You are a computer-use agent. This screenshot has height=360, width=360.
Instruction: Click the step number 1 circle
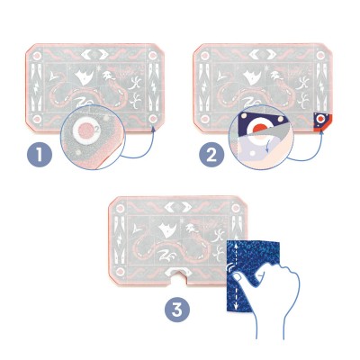pyautogui.click(x=40, y=155)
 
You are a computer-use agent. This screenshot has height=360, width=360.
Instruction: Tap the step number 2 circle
pyautogui.click(x=211, y=156)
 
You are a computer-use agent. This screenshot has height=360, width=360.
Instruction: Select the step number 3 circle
pyautogui.click(x=177, y=310)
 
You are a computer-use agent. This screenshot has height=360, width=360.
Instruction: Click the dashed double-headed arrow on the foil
pyautogui.click(x=236, y=276)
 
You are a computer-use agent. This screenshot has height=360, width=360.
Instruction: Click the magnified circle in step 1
pyautogui.click(x=93, y=137)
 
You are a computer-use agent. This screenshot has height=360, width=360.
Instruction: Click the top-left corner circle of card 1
pyautogui.click(x=37, y=56)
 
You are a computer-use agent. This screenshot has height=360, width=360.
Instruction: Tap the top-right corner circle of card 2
pyautogui.click(x=320, y=56)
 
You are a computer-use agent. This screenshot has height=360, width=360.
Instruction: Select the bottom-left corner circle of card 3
pyautogui.click(x=120, y=272)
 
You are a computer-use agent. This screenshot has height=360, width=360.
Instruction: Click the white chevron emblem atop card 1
pyautogui.click(x=94, y=55)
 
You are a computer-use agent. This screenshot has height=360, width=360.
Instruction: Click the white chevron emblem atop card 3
pyautogui.click(x=178, y=206)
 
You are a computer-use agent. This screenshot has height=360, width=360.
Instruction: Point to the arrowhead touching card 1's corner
pyautogui.click(x=154, y=130)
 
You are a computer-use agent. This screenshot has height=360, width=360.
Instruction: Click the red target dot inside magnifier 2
pyautogui.click(x=257, y=129)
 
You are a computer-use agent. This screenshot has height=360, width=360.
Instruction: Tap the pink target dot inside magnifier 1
pyautogui.click(x=85, y=131)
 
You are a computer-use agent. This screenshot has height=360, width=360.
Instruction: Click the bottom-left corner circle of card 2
pyautogui.click(x=204, y=119)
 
